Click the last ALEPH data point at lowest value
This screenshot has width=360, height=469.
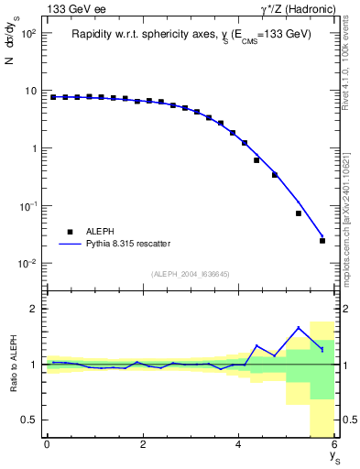[322, 241]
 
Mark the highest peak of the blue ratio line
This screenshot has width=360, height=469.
[299, 327]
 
